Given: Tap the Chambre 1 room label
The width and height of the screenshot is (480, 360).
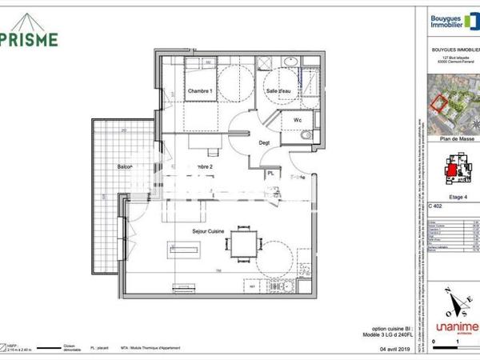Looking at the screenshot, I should pyautogui.click(x=199, y=93).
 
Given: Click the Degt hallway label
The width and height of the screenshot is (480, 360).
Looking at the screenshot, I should pyautogui.click(x=264, y=144).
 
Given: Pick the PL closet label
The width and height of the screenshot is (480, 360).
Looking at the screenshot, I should pyautogui.click(x=271, y=173).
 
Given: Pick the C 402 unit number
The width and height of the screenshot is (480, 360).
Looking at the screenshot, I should pyautogui.click(x=436, y=206).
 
